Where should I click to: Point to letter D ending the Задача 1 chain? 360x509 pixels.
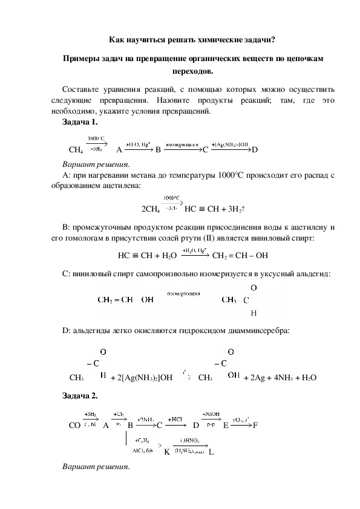(x=255, y=149)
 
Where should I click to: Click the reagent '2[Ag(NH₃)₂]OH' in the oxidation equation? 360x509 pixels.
(x=141, y=377)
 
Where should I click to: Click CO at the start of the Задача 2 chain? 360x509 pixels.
(x=75, y=426)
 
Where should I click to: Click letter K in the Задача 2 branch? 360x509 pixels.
(x=166, y=452)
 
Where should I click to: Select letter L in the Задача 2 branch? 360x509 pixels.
(x=211, y=452)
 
